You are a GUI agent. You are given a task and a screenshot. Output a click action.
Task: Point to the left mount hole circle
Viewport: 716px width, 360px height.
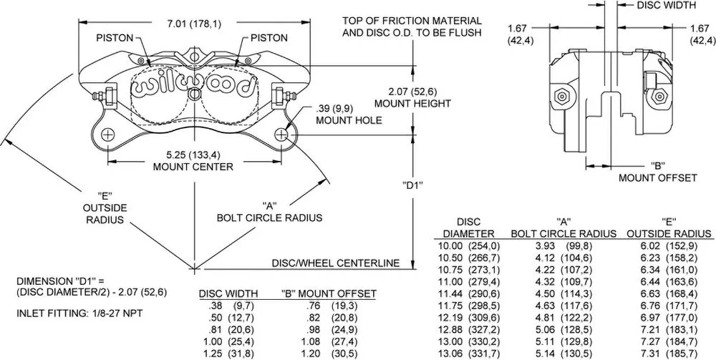107,135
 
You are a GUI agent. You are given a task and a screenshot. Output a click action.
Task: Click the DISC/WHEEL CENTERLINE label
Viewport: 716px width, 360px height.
335,263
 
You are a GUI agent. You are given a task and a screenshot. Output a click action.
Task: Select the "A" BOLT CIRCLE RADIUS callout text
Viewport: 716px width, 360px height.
271,211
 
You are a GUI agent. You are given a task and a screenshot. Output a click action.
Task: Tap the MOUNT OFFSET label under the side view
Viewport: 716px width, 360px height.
658,177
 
